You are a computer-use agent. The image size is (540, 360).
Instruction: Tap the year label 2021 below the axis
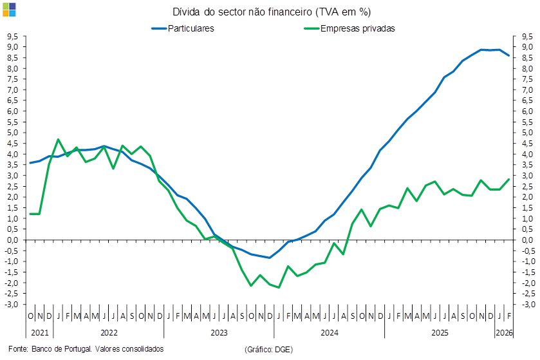point(39,333)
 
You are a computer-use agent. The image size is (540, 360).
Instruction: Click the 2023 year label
point(219,333)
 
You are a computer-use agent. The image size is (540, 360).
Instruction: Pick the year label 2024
point(330,333)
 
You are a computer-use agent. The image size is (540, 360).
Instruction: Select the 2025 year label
point(440,333)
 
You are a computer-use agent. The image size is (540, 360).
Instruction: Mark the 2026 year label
point(503,333)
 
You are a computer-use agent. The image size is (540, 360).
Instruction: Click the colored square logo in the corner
point(10,9)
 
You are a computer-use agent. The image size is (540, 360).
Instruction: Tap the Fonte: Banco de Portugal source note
point(86,348)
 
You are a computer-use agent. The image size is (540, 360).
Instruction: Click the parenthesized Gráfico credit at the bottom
point(269,348)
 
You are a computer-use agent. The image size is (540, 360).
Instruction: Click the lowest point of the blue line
point(270,258)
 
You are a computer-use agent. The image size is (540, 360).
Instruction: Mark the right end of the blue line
point(509,55)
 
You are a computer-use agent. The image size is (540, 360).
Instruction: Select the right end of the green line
point(509,178)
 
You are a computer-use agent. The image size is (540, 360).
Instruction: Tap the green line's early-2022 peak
point(58,139)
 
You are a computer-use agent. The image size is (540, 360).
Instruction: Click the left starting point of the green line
point(30,213)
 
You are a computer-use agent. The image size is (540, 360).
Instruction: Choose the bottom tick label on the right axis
point(528,304)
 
